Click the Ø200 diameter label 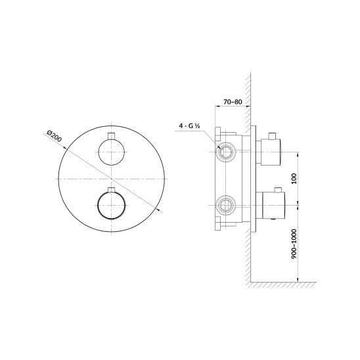point(54,136)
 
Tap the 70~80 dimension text point(233,102)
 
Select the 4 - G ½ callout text point(190,126)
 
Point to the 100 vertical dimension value point(294,179)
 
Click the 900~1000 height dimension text point(294,244)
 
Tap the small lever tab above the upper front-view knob point(112,136)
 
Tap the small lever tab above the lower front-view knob point(112,190)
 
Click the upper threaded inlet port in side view point(226,152)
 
